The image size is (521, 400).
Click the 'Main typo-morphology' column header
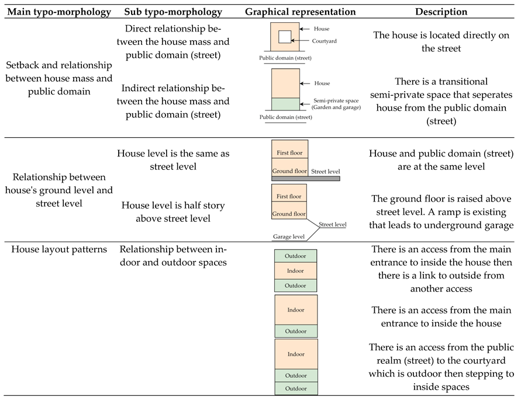(59, 12)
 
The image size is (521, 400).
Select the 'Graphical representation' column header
(300, 12)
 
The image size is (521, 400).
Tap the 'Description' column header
(441, 12)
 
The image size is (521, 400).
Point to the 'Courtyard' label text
(325, 41)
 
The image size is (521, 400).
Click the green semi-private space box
(285, 104)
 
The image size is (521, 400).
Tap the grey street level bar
(306, 178)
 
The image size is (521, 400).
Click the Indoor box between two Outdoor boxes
(295, 271)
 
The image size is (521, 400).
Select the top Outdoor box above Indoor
(295, 256)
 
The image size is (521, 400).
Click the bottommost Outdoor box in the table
(296, 388)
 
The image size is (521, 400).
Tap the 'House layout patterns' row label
(58, 249)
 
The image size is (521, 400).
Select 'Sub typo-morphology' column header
(173, 12)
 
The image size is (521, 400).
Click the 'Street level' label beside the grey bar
(325, 172)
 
